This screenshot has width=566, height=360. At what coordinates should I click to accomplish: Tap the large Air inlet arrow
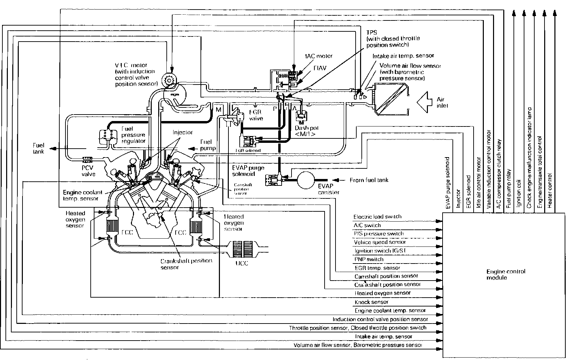(426, 102)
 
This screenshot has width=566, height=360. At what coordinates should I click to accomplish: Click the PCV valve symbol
(88, 159)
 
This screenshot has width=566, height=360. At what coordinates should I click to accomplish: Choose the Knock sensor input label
(371, 302)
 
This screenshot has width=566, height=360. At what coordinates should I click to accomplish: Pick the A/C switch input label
(367, 225)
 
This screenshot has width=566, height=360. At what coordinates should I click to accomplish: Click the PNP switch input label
(364, 259)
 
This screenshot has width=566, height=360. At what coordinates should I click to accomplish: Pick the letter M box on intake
(218, 109)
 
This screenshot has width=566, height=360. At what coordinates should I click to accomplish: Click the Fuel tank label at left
(39, 148)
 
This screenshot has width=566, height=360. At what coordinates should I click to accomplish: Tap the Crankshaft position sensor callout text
(186, 264)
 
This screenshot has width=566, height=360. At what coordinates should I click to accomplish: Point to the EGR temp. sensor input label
(377, 268)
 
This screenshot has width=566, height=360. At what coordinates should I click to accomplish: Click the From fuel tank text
(369, 180)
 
